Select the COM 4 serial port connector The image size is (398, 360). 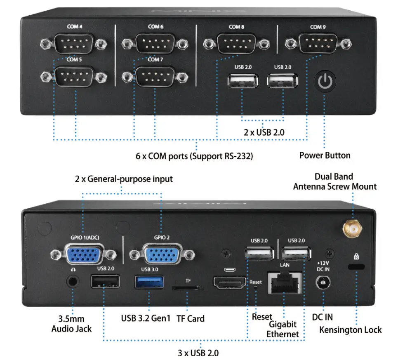74,43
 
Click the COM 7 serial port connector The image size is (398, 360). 155,76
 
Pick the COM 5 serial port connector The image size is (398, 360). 74,76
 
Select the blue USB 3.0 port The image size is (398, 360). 149,283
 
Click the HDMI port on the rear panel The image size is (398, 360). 228,284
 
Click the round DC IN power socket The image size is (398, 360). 323,284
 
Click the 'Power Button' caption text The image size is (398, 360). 325,155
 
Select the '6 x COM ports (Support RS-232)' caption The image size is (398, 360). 194,156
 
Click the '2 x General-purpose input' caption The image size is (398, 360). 124,179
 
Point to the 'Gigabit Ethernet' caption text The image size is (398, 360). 283,329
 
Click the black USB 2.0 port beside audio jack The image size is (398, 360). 105,282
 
